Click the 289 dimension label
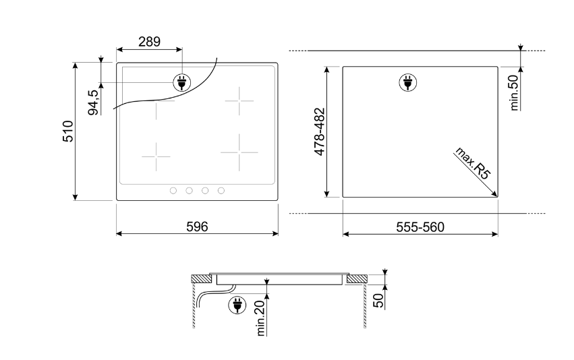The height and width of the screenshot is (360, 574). pos(149,42)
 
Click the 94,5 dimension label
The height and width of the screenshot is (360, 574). pos(93,102)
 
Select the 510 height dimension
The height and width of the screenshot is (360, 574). pos(68,131)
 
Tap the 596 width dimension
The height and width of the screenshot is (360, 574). pos(197,227)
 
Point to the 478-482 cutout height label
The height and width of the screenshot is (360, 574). pos(320,131)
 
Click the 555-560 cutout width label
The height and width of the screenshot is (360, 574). pos(420,227)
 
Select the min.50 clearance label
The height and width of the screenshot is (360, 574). pos(515,92)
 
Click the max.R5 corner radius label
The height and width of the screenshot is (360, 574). pos(472,164)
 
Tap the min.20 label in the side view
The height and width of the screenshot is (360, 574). pos(261,318)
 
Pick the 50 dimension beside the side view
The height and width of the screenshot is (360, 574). pos(379,301)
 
